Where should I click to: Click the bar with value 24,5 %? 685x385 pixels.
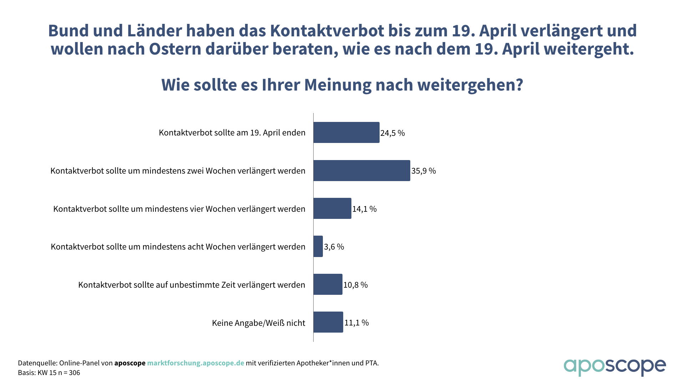(346, 133)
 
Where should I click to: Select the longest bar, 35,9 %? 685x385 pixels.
(361, 171)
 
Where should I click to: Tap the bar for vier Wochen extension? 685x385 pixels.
(332, 209)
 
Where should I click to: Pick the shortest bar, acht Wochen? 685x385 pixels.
(318, 246)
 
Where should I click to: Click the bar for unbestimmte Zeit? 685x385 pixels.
(328, 284)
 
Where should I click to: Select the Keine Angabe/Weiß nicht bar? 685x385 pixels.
(328, 322)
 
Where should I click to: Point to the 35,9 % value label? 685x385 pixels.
(423, 171)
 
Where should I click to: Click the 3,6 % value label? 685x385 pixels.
(334, 247)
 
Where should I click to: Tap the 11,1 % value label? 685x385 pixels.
(356, 323)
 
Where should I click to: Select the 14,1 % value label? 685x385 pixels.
(364, 209)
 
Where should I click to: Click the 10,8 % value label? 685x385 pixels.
(355, 285)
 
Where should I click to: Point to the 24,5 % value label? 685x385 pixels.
(392, 133)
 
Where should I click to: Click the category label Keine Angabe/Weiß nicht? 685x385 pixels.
(258, 323)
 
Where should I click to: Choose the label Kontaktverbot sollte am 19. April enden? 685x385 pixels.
(232, 133)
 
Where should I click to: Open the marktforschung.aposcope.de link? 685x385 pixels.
(196, 363)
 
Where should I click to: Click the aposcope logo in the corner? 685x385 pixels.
(614, 366)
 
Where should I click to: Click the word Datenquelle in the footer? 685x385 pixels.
(37, 363)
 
